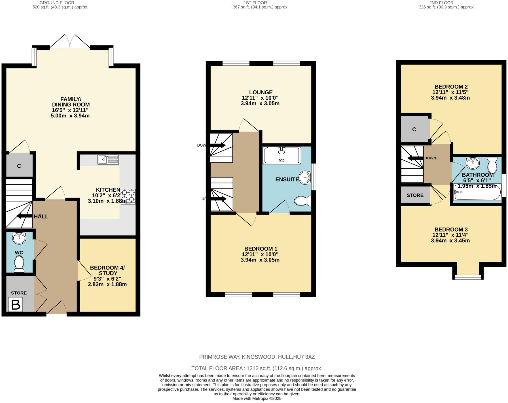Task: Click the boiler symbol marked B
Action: click(15, 305)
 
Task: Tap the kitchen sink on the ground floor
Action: click(108, 160)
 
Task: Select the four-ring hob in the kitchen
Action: click(128, 196)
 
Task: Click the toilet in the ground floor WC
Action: click(19, 264)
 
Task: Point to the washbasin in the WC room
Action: click(19, 238)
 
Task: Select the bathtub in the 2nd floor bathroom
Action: click(477, 193)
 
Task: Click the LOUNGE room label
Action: click(261, 92)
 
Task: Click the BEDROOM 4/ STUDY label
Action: click(107, 271)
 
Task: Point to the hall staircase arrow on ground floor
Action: click(24, 216)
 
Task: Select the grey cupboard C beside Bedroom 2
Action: click(414, 129)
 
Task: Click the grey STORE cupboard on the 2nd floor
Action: click(415, 195)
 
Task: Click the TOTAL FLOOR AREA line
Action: click(257, 368)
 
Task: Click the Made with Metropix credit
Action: click(257, 398)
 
